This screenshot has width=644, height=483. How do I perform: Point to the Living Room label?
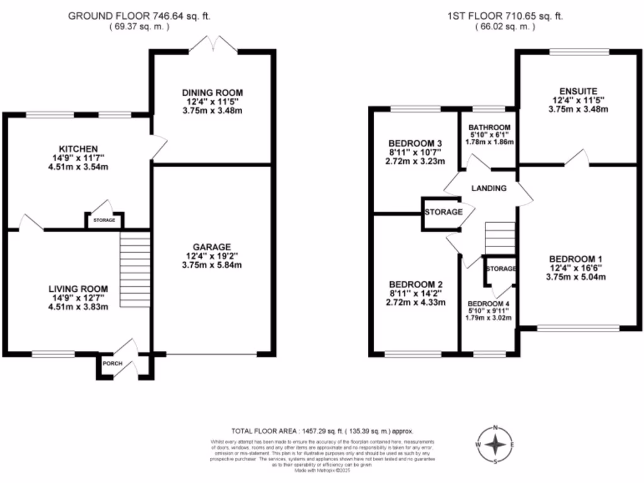click(x=75, y=289)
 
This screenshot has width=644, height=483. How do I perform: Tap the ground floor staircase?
click(x=135, y=270)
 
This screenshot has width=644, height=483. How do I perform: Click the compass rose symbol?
click(x=496, y=445)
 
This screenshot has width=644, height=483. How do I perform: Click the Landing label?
click(x=489, y=187)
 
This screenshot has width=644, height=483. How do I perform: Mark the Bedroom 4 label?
click(x=489, y=303)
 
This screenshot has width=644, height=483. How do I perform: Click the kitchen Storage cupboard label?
click(x=104, y=220)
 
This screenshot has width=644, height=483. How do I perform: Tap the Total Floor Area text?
click(x=322, y=431)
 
